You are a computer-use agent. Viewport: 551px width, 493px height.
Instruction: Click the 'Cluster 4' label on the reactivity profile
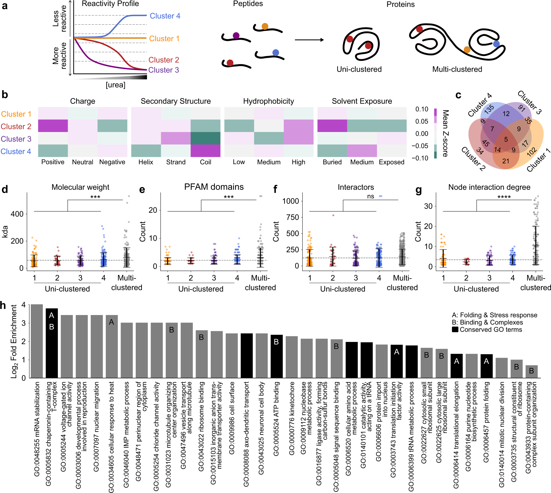tap(165, 16)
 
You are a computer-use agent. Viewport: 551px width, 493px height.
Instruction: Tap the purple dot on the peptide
tap(236, 36)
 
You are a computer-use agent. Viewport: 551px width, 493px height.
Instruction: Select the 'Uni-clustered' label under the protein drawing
tap(359, 69)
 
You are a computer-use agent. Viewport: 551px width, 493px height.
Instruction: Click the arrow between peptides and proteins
tap(309, 40)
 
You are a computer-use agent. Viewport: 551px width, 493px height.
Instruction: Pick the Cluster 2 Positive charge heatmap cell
tap(53, 126)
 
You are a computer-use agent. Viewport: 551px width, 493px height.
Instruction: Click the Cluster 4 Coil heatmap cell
tap(205, 151)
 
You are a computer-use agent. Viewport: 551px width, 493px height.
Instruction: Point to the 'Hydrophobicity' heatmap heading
tap(268, 101)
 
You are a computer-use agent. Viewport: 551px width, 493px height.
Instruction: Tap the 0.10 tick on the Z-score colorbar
tap(421, 109)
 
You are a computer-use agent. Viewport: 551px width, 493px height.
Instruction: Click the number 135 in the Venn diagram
tap(489, 109)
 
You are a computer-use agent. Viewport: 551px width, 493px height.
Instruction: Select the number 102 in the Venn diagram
tap(531, 152)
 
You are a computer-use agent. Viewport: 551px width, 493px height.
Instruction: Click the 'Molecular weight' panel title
tap(80, 187)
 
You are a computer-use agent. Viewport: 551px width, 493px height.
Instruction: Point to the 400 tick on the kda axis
tap(17, 214)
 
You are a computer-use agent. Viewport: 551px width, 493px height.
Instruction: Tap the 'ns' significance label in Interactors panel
tap(371, 196)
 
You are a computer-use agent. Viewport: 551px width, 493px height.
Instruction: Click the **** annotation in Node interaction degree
tap(504, 197)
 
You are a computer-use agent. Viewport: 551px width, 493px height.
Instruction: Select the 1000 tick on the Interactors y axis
tap(290, 201)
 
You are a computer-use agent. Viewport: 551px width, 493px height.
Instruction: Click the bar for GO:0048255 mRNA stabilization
tap(37, 341)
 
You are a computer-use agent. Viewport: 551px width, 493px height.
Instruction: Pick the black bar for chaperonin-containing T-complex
tap(52, 343)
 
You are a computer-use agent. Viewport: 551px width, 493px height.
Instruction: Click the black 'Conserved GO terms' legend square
tap(455, 330)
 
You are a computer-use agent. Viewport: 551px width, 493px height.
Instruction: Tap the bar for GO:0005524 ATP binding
tap(276, 356)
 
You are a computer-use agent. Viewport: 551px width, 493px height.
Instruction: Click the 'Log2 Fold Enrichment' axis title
tap(14, 341)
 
